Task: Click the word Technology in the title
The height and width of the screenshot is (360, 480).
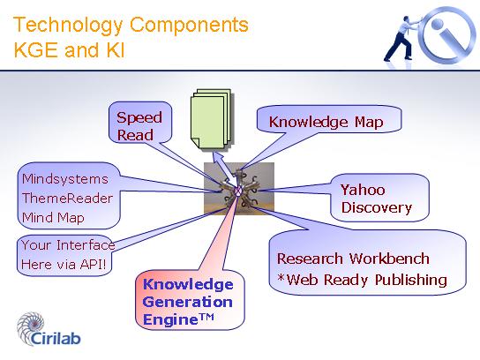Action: point(68,25)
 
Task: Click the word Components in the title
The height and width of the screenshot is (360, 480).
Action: point(189,24)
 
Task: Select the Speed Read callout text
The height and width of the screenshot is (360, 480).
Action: point(139,126)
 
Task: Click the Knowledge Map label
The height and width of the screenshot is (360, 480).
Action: point(326,122)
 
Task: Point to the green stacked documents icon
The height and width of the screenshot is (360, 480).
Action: point(211,119)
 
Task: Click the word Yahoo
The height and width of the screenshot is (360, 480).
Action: point(363,190)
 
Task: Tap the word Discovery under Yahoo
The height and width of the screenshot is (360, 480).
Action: point(377,208)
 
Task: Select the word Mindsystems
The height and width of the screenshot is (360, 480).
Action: point(65,179)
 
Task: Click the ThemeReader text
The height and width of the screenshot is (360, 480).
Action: point(67,199)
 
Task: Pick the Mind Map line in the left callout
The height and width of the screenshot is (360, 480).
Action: point(53,218)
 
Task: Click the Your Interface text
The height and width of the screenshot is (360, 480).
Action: point(68,245)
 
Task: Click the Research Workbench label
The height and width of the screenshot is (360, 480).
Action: point(353,259)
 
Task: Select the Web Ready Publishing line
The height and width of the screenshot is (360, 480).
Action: point(362,280)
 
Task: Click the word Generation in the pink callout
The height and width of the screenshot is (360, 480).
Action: point(187,302)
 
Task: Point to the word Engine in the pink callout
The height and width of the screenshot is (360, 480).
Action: point(170,320)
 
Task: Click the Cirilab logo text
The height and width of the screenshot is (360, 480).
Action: point(56,338)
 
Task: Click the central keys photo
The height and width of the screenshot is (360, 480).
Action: point(239,188)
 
